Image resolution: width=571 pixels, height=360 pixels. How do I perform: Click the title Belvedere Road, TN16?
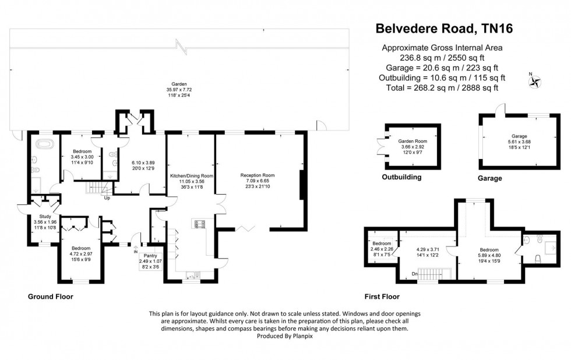442,27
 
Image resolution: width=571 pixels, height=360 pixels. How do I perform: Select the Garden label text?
179,84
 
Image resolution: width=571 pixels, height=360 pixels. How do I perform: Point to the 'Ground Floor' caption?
51,297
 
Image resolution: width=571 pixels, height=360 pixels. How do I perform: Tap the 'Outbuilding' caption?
401,177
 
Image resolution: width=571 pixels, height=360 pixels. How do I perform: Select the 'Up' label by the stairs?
107,198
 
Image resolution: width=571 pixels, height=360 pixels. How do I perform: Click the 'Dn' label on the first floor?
414,273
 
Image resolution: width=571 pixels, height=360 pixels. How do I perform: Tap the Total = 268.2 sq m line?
442,87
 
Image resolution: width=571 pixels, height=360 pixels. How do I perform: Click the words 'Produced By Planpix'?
285,336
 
